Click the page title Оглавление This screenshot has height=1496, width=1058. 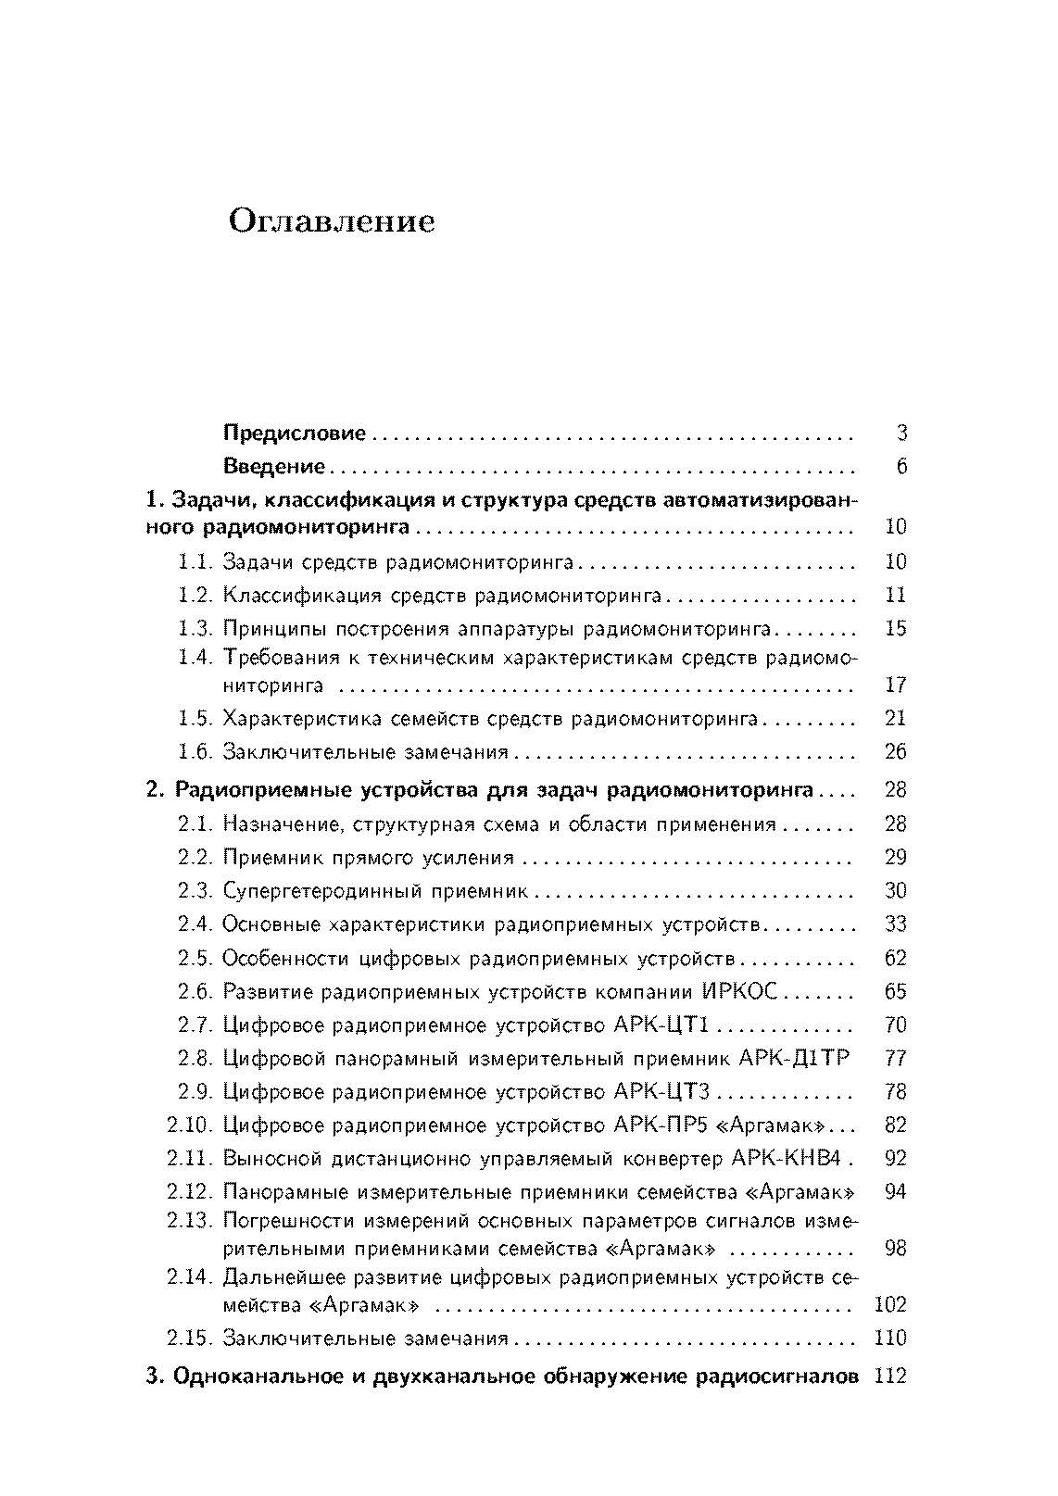[331, 223]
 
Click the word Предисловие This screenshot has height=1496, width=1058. [295, 433]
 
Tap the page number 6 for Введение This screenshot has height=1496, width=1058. [901, 467]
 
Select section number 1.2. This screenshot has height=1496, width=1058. [195, 595]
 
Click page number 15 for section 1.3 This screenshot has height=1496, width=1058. [895, 629]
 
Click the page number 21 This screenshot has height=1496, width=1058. [895, 719]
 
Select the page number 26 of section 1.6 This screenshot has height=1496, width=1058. [895, 752]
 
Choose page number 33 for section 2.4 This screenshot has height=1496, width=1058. [895, 924]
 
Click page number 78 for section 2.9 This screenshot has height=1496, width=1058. [895, 1092]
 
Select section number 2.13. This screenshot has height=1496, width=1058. [190, 1221]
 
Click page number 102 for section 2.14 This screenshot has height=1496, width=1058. [890, 1305]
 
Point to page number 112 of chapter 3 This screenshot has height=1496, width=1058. [889, 1377]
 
